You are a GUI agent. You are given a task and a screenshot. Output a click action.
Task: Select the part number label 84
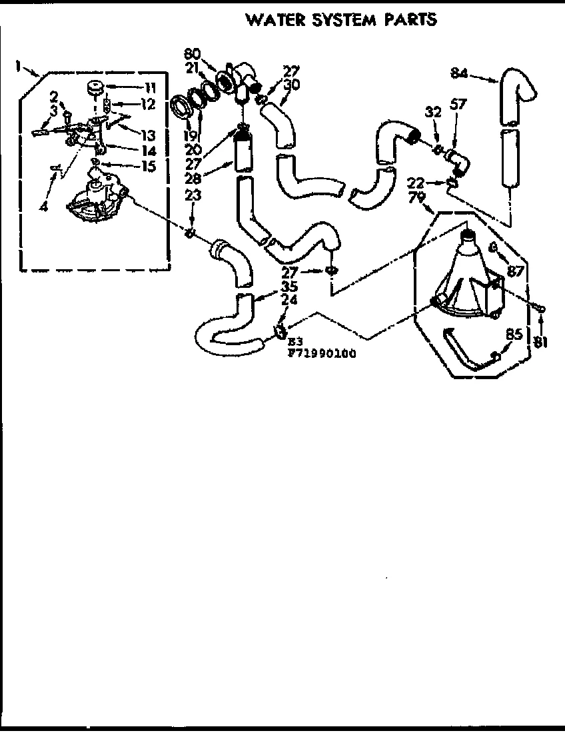coord(458,73)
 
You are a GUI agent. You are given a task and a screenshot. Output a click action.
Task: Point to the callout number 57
coord(458,104)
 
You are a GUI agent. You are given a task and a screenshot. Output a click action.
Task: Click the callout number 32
coord(434,113)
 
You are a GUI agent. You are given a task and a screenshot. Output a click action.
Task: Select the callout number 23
coord(192,196)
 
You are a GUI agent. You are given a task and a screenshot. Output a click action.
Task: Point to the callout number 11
coord(149,86)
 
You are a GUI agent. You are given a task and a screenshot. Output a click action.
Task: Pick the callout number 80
coord(191,54)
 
